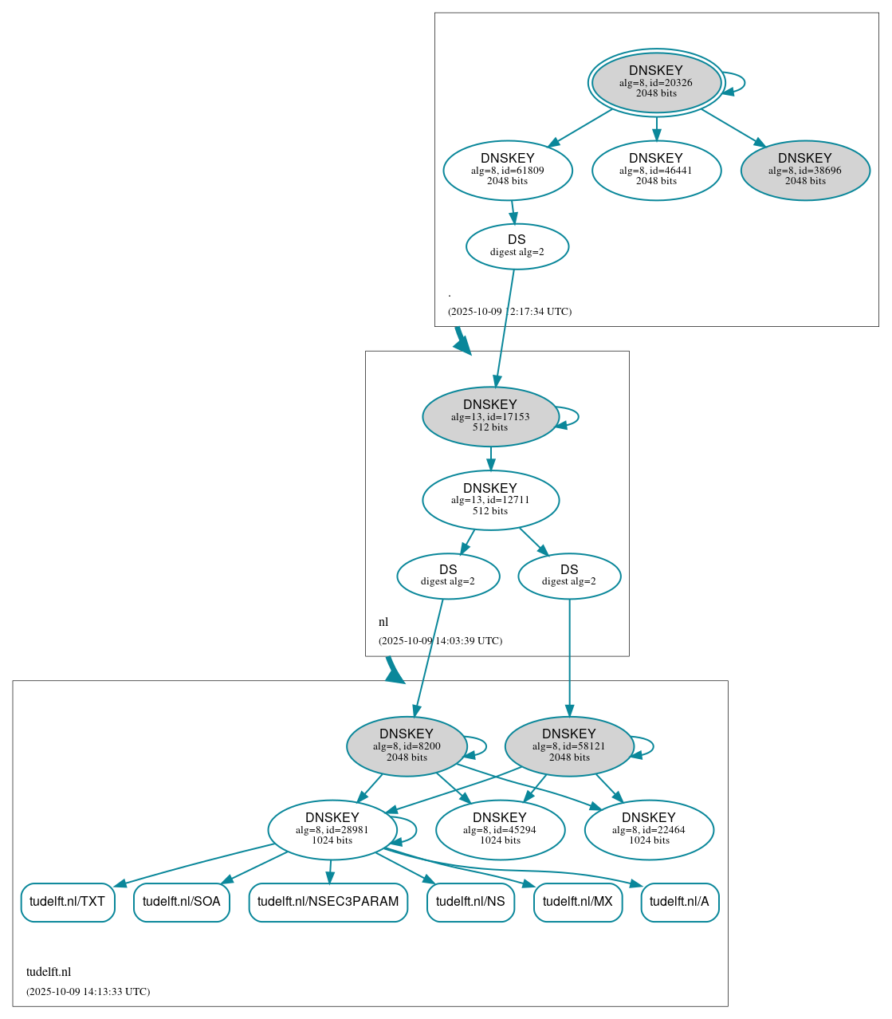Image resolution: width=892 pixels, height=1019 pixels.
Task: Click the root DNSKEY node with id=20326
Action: [656, 83]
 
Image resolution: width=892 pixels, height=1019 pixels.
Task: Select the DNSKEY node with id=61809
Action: [508, 171]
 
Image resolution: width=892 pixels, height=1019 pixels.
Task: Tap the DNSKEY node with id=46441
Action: [656, 171]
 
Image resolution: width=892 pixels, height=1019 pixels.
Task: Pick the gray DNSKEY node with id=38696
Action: [805, 171]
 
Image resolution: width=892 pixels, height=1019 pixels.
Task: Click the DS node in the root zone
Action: [517, 246]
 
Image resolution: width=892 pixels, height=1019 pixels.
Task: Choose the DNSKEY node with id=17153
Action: [490, 417]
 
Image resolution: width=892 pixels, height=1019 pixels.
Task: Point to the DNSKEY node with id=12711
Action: [490, 500]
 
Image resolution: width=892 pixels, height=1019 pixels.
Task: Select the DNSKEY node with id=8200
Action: [407, 746]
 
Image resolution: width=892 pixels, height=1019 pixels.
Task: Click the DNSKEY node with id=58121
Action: [569, 746]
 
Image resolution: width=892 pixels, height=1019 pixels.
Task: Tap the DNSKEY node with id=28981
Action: [332, 830]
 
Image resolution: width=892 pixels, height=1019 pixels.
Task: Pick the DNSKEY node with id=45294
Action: [500, 830]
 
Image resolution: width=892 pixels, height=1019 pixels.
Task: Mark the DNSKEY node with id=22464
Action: [649, 830]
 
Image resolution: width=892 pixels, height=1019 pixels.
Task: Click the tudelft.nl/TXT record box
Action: [68, 902]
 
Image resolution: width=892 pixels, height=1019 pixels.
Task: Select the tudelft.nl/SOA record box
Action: [182, 902]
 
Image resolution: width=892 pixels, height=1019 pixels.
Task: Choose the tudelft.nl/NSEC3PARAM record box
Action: [328, 902]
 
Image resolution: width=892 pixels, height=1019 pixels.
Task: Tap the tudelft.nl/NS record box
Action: [470, 902]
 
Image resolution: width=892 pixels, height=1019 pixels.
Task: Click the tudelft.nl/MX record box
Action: [578, 902]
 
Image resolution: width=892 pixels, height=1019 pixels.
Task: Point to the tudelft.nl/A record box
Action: [679, 902]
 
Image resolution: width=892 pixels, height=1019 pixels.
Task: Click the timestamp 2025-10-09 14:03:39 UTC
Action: [440, 641]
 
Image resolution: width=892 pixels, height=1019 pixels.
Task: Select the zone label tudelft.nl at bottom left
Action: [49, 972]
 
